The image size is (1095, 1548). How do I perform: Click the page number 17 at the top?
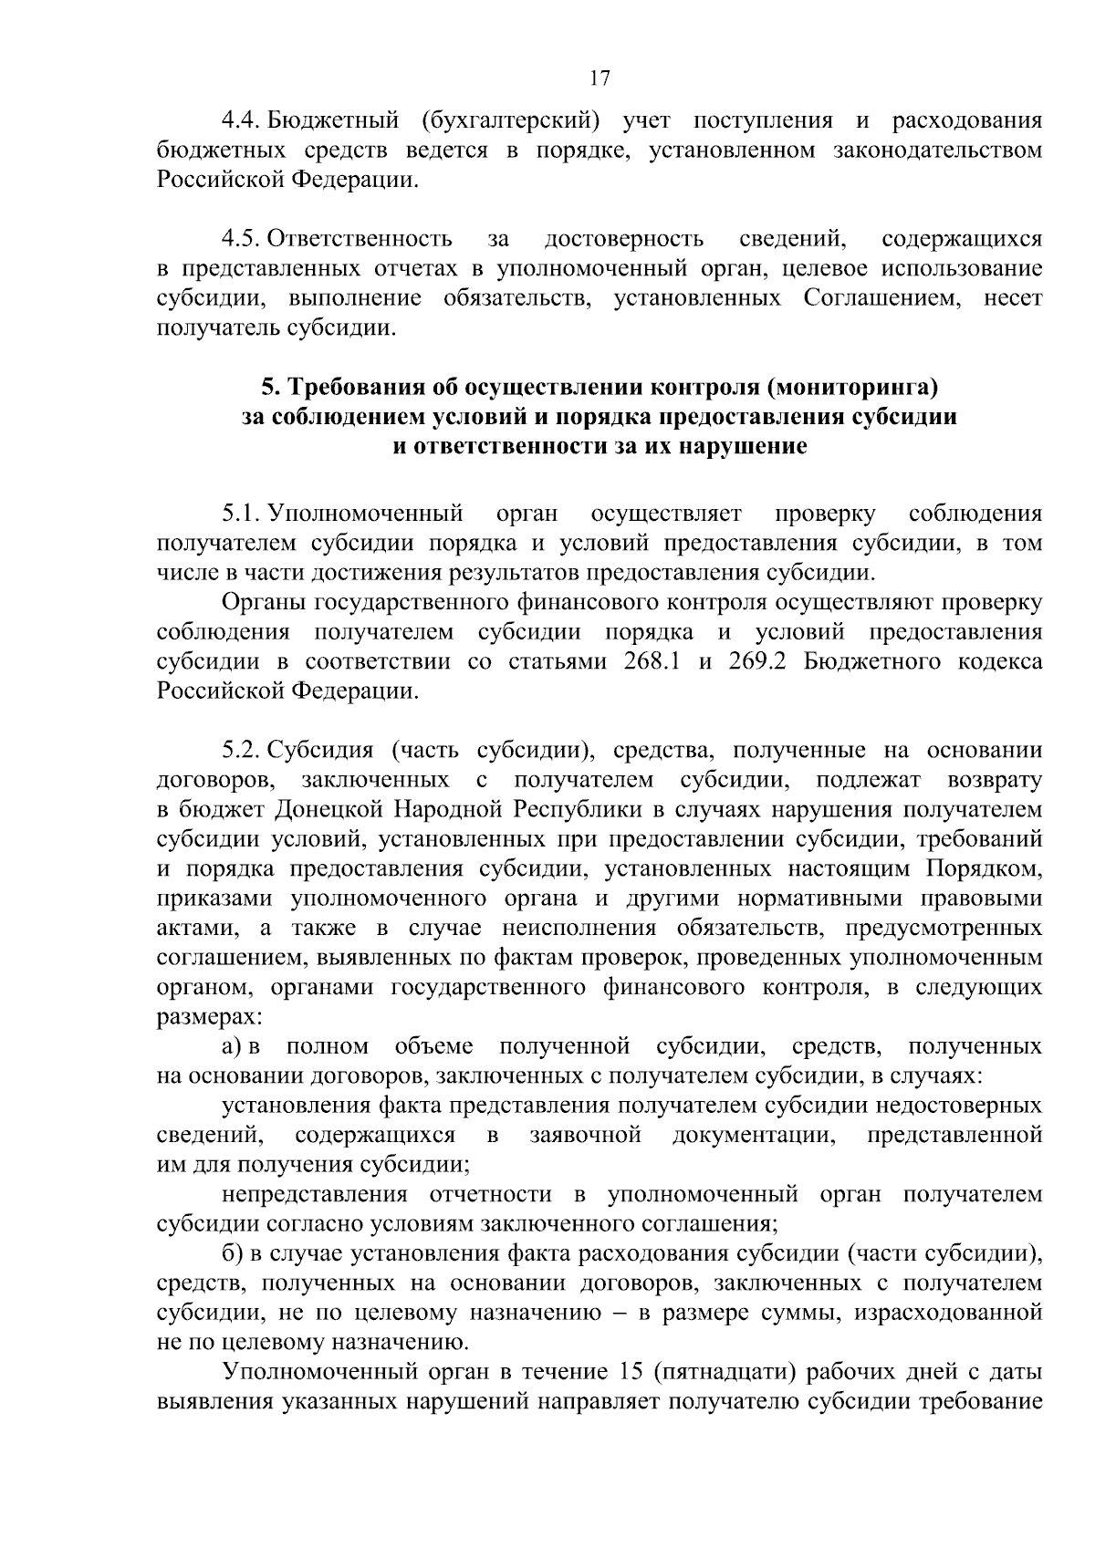coord(600,78)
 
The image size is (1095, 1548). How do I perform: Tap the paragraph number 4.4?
coord(242,121)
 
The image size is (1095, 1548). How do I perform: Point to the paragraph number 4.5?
coord(242,240)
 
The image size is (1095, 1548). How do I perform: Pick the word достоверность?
coord(623,240)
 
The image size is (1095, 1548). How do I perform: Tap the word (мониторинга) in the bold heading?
coord(852,388)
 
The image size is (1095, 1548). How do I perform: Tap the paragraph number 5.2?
coord(242,751)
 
